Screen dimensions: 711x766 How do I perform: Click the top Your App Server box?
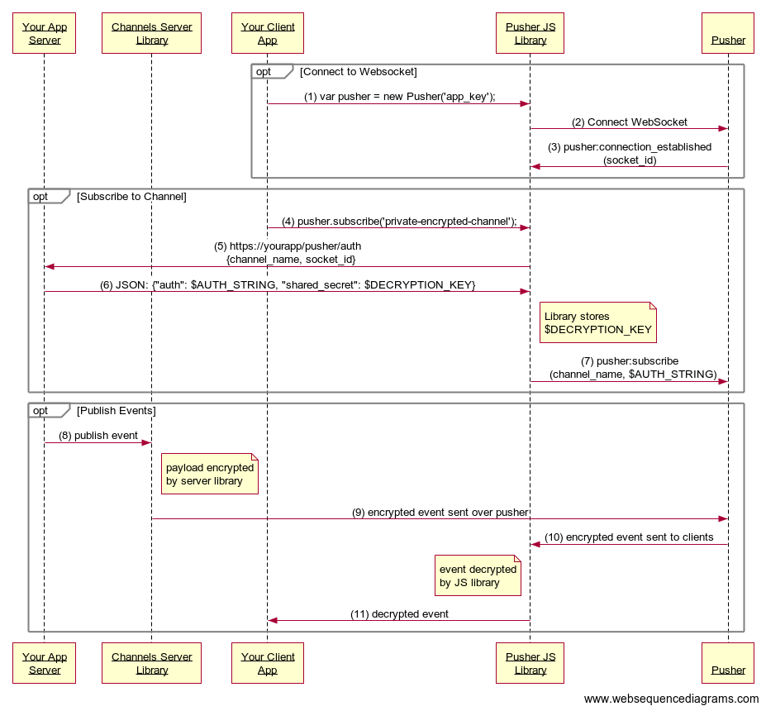(45, 33)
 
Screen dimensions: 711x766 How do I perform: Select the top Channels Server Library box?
(151, 33)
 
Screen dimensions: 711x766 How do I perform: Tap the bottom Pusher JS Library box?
(530, 663)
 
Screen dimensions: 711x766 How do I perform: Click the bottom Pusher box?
(728, 663)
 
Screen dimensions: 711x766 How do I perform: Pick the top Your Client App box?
(268, 33)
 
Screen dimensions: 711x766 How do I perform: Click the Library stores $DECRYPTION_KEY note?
(597, 322)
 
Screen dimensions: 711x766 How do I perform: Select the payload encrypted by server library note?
(210, 474)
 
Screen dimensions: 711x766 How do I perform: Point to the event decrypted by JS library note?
(478, 575)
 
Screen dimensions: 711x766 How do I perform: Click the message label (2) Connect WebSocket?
(630, 122)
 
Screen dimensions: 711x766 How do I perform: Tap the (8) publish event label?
(98, 436)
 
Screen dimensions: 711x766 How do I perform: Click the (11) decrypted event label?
(399, 614)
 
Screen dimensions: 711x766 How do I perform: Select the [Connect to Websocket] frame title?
(359, 72)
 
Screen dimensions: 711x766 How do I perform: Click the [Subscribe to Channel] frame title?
(131, 197)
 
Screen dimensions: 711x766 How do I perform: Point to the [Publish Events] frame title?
(116, 411)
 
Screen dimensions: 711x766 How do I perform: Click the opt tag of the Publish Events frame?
(40, 411)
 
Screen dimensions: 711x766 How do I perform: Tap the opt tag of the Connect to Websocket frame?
(264, 72)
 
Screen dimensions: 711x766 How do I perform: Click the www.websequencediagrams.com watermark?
(671, 699)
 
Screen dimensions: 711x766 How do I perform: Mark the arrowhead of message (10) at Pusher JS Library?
(535, 544)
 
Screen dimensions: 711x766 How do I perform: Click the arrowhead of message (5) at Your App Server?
(50, 266)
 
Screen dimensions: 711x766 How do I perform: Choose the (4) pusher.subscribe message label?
(399, 222)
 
